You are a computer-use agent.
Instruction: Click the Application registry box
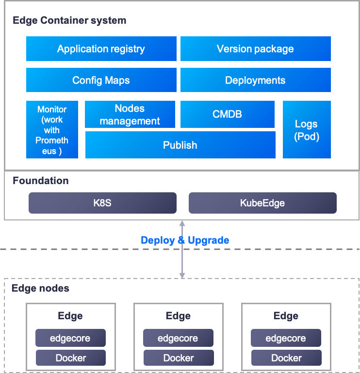[101, 49]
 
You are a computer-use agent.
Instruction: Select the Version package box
[255, 49]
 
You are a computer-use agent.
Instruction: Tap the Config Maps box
[101, 80]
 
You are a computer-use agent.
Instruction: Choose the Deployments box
[255, 80]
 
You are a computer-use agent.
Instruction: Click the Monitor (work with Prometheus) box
[52, 130]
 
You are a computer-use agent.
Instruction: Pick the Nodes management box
[130, 115]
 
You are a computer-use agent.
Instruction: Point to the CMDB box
[227, 114]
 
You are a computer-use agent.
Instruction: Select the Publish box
[180, 145]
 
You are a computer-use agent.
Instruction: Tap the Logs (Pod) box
[307, 130]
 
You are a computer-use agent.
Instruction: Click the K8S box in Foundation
[102, 203]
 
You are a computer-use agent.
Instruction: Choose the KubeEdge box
[262, 203]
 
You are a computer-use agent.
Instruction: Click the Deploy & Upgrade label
[185, 240]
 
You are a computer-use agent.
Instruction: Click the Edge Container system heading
[69, 20]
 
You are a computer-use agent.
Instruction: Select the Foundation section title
[41, 181]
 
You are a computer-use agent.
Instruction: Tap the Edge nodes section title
[40, 288]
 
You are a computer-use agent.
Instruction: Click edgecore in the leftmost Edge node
[70, 338]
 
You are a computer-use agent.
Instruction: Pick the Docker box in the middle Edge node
[179, 358]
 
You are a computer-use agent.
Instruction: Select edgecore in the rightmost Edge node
[286, 338]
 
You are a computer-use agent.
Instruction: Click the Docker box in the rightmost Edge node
[286, 358]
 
